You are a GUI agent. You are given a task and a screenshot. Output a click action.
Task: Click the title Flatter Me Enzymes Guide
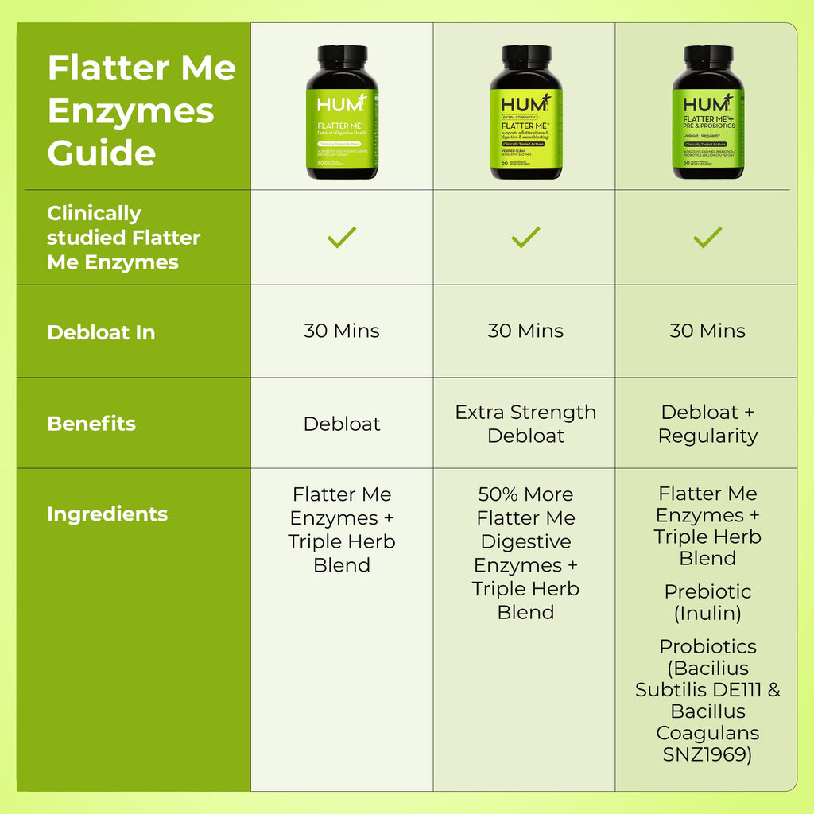click(x=141, y=110)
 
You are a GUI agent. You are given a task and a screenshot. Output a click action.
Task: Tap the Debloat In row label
click(x=101, y=332)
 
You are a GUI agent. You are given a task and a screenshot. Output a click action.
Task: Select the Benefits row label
click(x=91, y=424)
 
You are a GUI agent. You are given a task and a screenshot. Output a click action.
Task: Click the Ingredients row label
click(x=107, y=514)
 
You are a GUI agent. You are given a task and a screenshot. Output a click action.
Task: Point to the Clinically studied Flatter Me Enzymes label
click(x=123, y=238)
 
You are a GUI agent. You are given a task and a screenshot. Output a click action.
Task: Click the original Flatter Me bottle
click(x=343, y=113)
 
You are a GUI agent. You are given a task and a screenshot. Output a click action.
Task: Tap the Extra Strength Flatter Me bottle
click(x=525, y=113)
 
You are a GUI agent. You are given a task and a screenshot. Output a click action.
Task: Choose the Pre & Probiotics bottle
click(x=707, y=113)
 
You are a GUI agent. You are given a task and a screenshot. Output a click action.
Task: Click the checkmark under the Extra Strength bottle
click(x=525, y=237)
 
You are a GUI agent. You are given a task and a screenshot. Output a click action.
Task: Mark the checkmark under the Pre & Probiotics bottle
click(x=707, y=237)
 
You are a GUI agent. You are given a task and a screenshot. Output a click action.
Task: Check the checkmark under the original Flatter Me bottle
click(x=342, y=237)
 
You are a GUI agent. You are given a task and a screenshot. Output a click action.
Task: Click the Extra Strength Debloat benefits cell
click(x=525, y=424)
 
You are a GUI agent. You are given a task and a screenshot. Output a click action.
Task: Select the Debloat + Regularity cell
click(x=707, y=424)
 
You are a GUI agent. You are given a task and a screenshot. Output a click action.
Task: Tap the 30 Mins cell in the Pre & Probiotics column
click(x=707, y=331)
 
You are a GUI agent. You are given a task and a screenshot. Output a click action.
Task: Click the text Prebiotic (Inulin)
click(x=707, y=603)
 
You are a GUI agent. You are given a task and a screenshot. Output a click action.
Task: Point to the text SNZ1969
click(x=707, y=754)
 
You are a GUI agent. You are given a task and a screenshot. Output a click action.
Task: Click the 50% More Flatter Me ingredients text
click(x=525, y=553)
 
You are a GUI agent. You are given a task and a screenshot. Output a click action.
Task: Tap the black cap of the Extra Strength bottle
click(x=525, y=57)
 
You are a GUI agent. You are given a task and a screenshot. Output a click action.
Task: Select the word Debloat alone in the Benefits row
click(x=342, y=424)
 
